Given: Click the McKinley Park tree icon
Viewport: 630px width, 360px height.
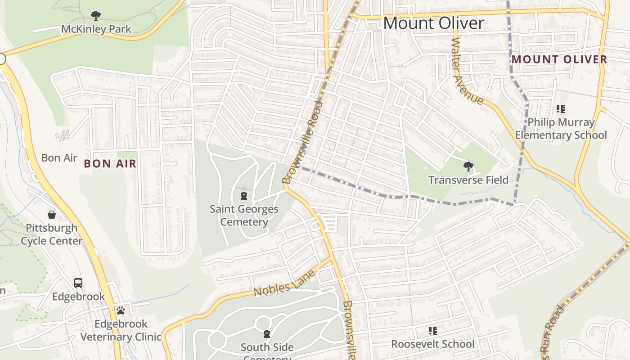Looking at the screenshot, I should pos(95,16).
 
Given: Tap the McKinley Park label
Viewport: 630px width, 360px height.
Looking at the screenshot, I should pos(96,29).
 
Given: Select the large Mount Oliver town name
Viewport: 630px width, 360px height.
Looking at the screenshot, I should pos(433,23).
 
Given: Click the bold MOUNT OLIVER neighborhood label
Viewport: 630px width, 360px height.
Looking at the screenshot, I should pos(559,59).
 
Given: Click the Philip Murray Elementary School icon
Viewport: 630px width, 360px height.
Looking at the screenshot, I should pos(560,108).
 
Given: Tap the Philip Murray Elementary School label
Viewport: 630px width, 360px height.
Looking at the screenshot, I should pos(561,129).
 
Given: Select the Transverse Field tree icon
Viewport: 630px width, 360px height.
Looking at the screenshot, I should pos(468,166).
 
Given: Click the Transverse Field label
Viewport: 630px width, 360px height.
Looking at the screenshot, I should pos(468,180).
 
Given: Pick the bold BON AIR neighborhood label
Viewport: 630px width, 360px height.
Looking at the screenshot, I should pos(110,163).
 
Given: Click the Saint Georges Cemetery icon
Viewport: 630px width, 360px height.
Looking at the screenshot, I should pos(243,196).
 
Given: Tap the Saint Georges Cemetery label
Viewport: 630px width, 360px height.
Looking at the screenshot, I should pos(244,216).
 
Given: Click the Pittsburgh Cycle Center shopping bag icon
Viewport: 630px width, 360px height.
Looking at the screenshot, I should pos(52,215).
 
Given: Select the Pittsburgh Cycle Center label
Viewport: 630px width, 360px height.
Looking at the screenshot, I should pos(52,234).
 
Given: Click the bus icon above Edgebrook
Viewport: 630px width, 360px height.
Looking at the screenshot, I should pos(78,283).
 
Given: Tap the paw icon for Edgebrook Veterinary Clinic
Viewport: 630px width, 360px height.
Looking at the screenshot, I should pos(120,310).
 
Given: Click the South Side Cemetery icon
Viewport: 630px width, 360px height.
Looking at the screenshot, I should pos(267,334).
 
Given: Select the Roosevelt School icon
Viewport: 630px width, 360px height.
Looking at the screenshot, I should pos(432,331).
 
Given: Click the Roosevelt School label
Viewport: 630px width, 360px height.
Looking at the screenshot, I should pos(432,344).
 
